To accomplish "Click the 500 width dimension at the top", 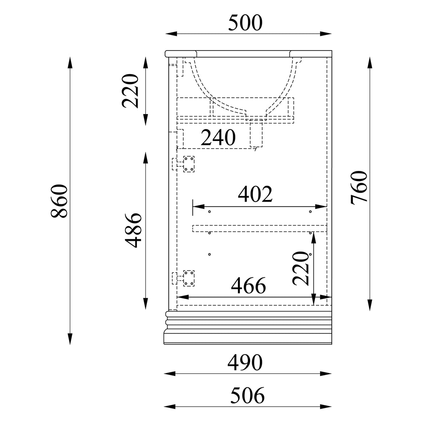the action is point(245,23).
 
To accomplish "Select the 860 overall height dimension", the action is point(59,201).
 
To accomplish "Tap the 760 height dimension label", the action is point(359,188).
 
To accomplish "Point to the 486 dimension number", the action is point(133,230).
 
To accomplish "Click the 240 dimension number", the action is point(218,138).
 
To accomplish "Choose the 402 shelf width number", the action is point(256,194).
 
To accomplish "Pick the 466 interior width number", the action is point(248,286).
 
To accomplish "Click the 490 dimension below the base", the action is point(245,362).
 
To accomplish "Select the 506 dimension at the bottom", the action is point(247,395).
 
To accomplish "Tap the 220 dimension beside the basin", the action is point(130,91).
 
